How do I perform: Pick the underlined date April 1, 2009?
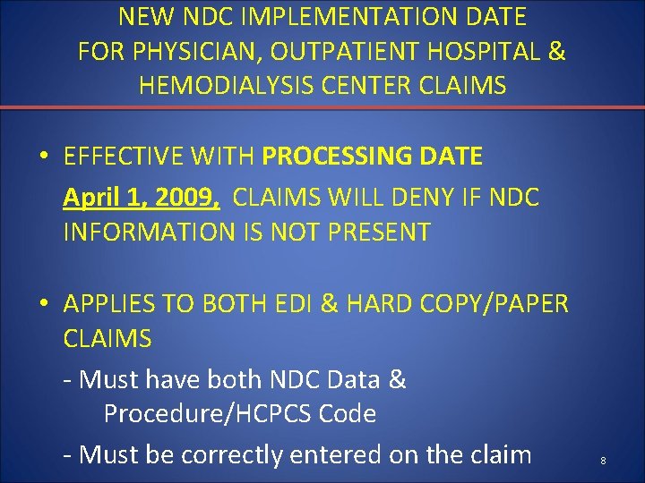[142, 196]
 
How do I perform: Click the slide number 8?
[603, 460]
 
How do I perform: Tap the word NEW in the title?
[141, 16]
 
